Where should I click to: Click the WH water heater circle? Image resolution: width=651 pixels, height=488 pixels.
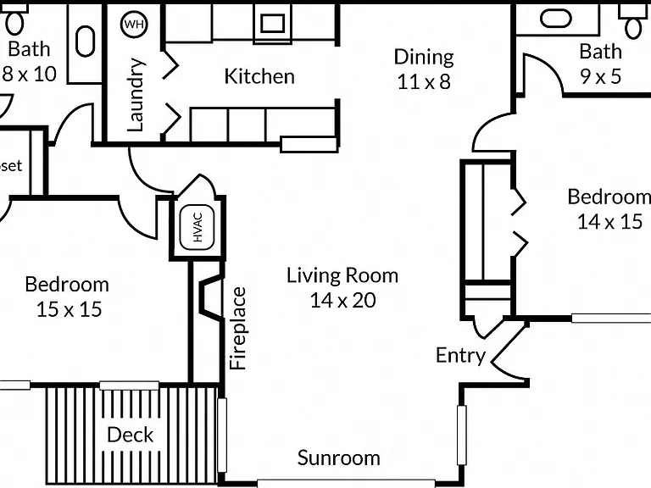(x=134, y=24)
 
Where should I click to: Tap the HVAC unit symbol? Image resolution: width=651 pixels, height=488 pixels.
(x=198, y=227)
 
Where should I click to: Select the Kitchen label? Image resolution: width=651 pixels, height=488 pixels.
(x=259, y=76)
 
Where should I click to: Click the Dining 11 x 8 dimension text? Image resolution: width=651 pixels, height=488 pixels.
(x=424, y=81)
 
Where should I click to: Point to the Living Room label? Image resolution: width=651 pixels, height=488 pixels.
(x=342, y=275)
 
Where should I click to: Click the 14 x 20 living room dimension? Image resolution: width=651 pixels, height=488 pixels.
(x=343, y=300)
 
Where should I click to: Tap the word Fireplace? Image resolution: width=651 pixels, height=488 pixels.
(x=238, y=328)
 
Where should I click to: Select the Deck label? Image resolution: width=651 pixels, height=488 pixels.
(x=131, y=435)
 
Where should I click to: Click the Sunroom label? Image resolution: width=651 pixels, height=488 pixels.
(x=339, y=457)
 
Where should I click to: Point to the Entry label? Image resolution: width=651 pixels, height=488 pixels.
(x=460, y=356)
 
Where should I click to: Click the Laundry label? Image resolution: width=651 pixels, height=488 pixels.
(x=136, y=95)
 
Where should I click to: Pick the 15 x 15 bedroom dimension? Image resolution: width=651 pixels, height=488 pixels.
(x=69, y=309)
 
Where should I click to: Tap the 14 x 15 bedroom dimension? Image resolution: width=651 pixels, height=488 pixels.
(x=610, y=221)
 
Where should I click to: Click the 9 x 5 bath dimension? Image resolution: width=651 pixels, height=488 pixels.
(x=601, y=76)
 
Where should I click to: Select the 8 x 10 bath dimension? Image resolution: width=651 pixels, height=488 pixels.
(x=29, y=74)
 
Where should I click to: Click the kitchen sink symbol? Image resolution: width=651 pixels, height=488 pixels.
(x=272, y=23)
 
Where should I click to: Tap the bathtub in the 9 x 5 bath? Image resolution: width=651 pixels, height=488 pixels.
(x=556, y=19)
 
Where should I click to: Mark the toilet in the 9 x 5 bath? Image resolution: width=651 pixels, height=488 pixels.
(x=633, y=20)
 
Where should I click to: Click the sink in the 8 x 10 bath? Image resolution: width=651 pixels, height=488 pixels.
(x=86, y=42)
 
